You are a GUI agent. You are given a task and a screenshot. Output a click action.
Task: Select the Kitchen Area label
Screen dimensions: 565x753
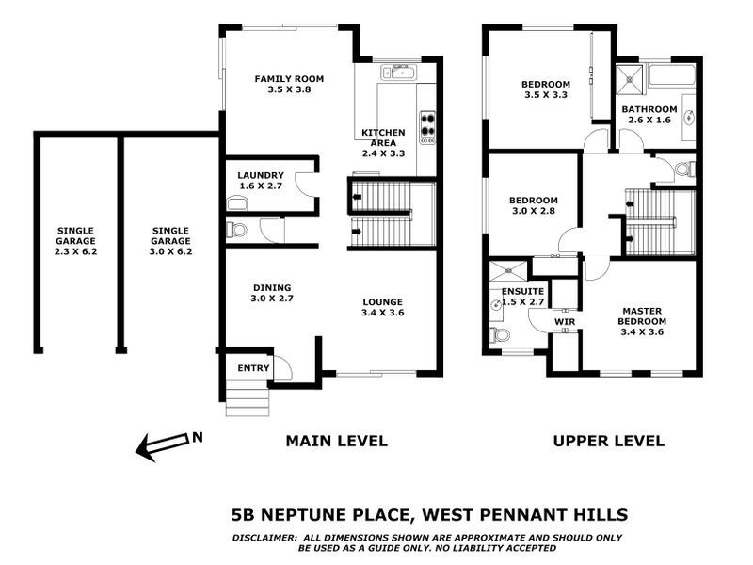coord(383,137)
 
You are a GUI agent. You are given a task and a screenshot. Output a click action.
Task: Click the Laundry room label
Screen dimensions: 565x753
coord(261,175)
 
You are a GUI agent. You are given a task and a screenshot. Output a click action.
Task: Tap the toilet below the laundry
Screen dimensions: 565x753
coord(236,229)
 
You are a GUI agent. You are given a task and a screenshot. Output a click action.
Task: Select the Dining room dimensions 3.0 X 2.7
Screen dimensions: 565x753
coord(271,299)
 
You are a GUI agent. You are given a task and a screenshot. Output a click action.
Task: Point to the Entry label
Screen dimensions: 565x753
coord(253,368)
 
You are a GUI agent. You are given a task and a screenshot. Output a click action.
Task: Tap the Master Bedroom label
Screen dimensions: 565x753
coord(640,320)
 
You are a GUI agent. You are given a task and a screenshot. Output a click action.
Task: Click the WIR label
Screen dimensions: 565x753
coord(565,322)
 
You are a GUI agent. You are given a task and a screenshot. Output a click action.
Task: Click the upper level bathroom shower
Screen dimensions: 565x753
coord(627,77)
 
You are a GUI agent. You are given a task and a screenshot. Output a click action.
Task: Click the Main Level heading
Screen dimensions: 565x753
coord(336,441)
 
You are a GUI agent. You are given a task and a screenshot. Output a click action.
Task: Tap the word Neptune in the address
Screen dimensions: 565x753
coord(305,514)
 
